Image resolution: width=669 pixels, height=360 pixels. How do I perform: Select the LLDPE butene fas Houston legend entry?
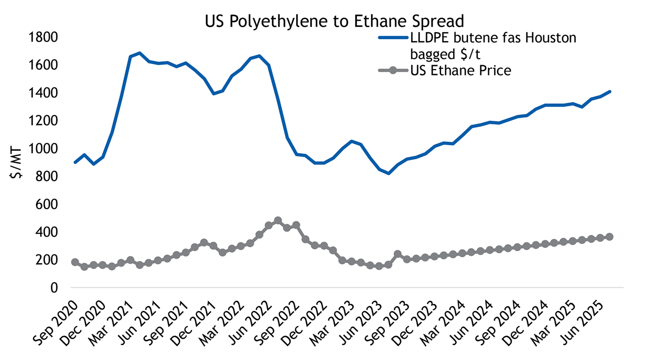coord(493,45)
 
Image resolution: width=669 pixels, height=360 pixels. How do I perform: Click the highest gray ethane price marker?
coord(278,220)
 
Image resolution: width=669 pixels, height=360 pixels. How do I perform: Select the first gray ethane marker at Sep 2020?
coord(75,262)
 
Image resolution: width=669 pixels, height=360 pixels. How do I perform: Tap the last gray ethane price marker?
coord(609,237)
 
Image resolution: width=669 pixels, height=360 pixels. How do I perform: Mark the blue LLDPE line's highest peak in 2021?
coord(140,53)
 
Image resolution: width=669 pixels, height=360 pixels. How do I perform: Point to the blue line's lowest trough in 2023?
coord(388,173)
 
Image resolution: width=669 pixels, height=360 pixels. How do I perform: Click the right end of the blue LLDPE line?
coord(609,91)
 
